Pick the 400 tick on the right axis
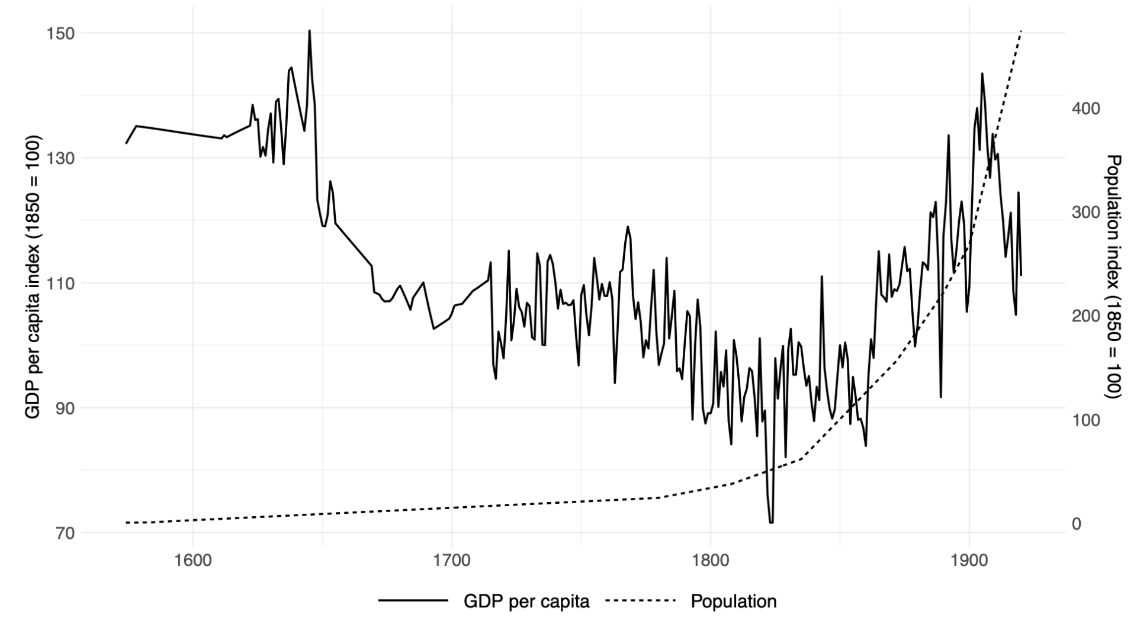coord(1085,109)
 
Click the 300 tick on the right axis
coord(1085,213)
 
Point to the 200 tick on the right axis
coord(1085,316)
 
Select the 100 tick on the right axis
coord(1085,420)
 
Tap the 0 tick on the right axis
coord(1077,524)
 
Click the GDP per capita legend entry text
coord(526,601)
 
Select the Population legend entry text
coord(734,601)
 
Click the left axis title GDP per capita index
coord(34,277)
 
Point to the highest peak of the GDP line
coord(309,31)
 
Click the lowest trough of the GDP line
coord(771,522)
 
